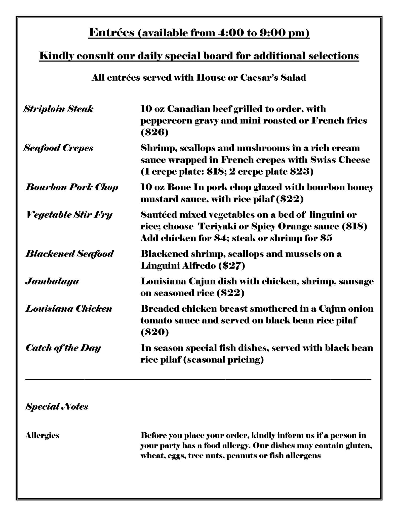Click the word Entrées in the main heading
[112, 33]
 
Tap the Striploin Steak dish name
[58, 109]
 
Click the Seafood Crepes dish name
[58, 148]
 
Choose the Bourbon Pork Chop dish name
[72, 187]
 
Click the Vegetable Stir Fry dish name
[69, 215]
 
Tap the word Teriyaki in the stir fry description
[217, 226]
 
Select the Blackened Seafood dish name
[70, 254]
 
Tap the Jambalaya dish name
[52, 281]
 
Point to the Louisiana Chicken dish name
[69, 309]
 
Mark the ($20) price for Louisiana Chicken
[154, 332]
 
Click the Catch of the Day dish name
[63, 348]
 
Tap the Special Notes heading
[57, 406]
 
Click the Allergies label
[42, 435]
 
